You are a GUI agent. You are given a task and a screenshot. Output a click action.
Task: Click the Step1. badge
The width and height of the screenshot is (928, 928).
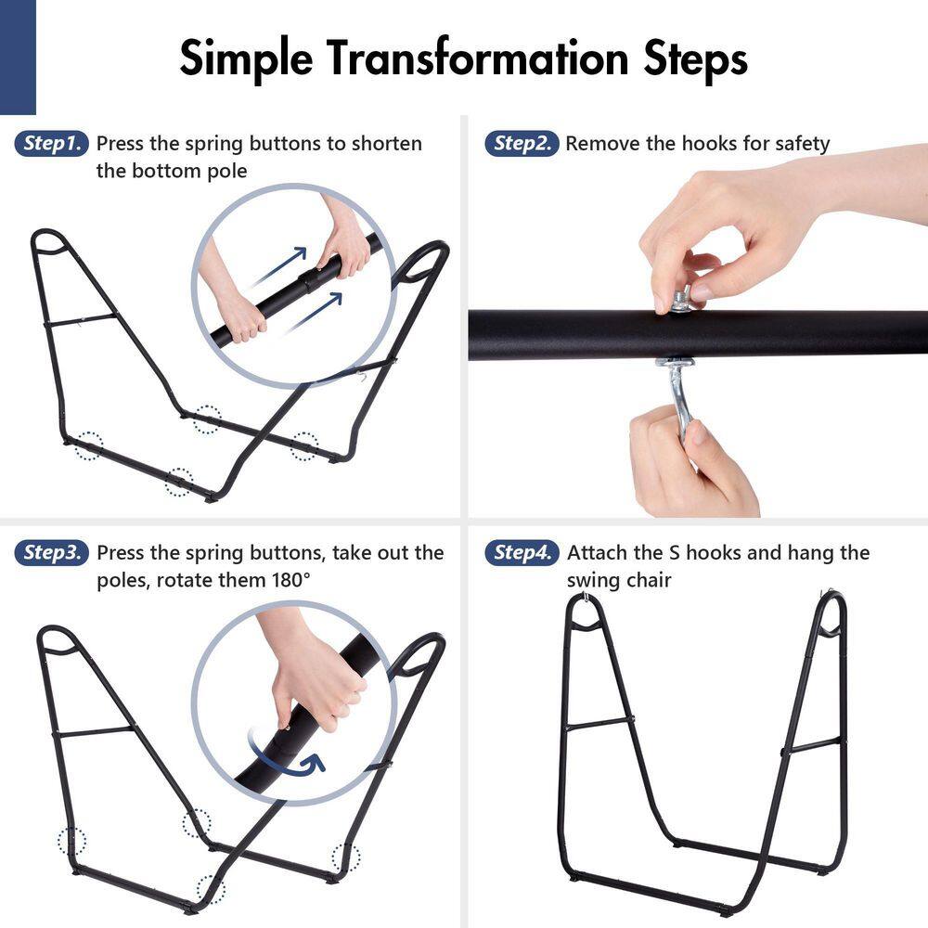(51, 143)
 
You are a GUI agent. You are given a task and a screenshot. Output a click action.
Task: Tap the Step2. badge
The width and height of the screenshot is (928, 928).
(522, 143)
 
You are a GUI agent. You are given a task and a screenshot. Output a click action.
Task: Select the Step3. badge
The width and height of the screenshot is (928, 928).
(51, 553)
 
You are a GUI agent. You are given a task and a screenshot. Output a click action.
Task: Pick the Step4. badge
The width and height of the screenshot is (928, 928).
(522, 553)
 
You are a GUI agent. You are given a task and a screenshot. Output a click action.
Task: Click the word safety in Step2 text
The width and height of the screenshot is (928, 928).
(802, 145)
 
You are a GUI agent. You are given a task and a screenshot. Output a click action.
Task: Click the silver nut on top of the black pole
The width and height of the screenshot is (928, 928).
(682, 300)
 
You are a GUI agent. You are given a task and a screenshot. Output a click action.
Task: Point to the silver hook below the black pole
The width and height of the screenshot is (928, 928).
(678, 392)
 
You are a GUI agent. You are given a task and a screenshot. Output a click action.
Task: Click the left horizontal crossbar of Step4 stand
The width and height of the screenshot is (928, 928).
(599, 723)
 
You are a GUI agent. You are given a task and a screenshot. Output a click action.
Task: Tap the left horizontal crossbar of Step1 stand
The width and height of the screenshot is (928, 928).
(81, 320)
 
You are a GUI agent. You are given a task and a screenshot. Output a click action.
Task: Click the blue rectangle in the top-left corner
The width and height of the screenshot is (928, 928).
(18, 57)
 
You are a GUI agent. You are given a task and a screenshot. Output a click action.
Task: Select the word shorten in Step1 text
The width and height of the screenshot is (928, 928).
(386, 144)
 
